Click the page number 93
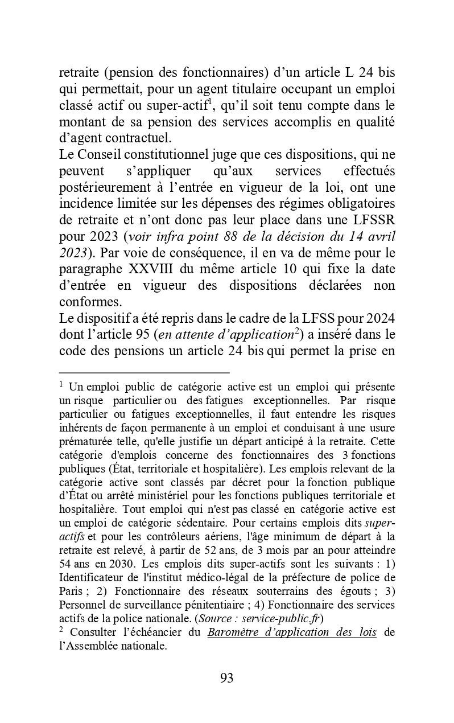pyautogui.click(x=226, y=678)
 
